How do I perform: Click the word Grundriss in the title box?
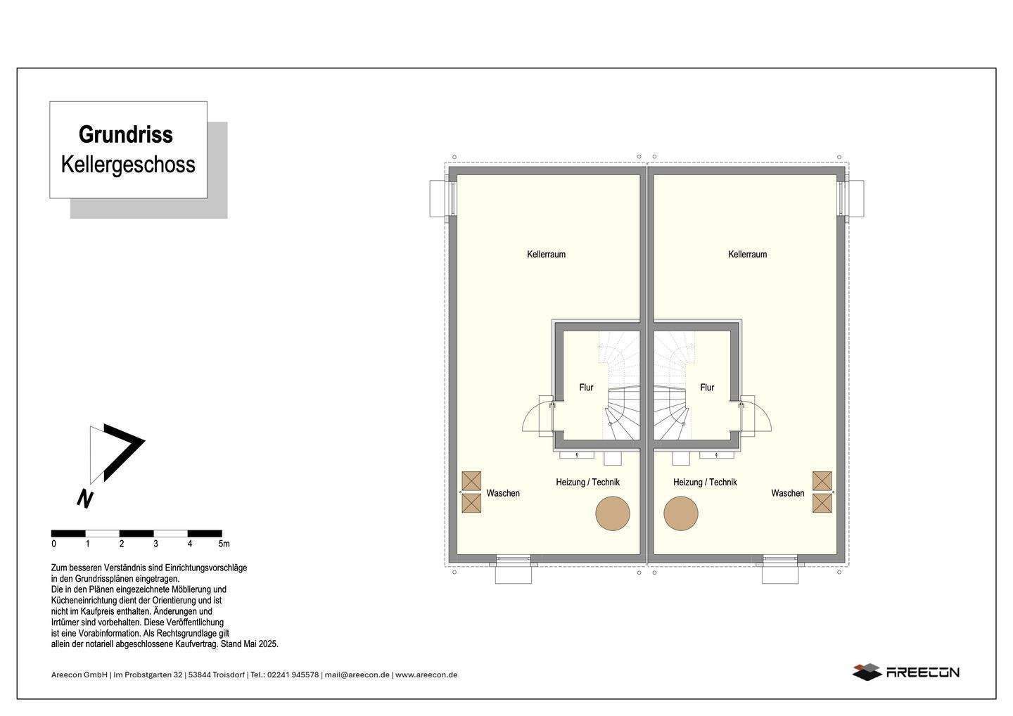pos(126,134)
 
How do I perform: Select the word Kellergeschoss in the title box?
pos(128,164)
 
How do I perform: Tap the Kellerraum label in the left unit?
pos(546,254)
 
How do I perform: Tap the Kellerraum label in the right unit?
pos(747,254)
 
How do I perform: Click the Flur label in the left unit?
pos(586,387)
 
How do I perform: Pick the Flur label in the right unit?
pos(707,387)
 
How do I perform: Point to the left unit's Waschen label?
pos(503,493)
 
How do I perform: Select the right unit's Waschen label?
pos(787,493)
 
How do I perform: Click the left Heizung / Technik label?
pos(587,482)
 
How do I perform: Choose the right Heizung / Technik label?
pos(705,482)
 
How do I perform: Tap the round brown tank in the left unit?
pos(613,513)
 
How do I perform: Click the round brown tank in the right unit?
pos(681,513)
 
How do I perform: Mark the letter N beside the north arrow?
pos(85,498)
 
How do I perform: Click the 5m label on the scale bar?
pos(224,544)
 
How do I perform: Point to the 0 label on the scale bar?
pos(54,544)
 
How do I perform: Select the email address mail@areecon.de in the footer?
pos(357,675)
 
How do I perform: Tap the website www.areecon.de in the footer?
pos(426,675)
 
